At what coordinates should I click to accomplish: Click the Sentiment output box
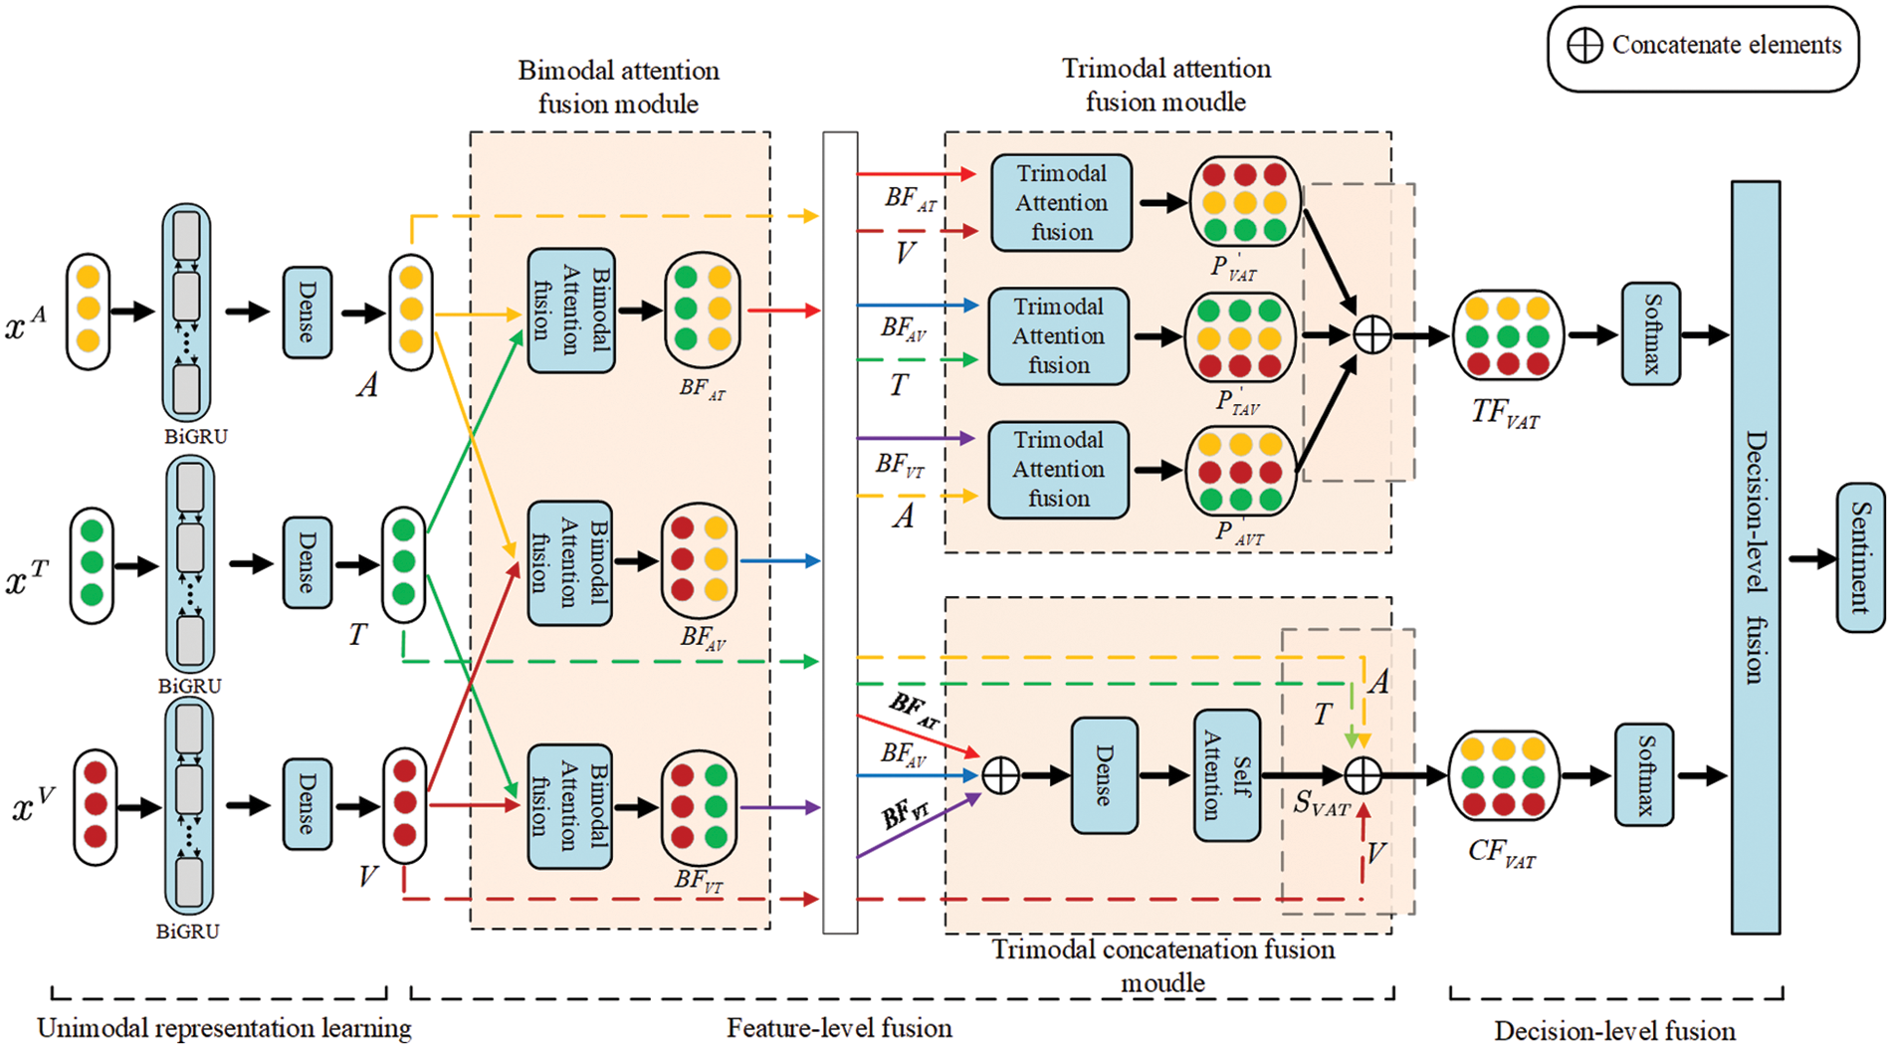coord(1859,557)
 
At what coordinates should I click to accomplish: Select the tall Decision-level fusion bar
coord(1755,557)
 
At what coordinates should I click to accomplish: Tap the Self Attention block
coord(1226,775)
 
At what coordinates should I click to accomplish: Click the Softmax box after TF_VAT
coord(1650,334)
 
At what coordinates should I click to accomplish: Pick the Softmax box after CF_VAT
coord(1643,775)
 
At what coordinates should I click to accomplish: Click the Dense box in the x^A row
coord(307,313)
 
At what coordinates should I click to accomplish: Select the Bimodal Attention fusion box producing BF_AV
coord(569,563)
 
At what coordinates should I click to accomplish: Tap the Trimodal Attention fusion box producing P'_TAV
coord(1058,336)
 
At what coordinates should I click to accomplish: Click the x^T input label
coord(27,576)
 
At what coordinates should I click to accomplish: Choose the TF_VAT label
coord(1504,413)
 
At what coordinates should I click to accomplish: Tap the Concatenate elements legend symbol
coord(1584,46)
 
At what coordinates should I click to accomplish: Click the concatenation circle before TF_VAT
coord(1372,335)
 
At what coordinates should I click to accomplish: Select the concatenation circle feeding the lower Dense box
coord(1000,775)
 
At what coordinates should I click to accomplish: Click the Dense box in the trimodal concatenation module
coord(1104,775)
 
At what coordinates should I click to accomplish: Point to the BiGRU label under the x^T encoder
coord(189,686)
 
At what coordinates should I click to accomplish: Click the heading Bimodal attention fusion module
coord(618,87)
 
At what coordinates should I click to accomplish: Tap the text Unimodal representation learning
coord(224,1028)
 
